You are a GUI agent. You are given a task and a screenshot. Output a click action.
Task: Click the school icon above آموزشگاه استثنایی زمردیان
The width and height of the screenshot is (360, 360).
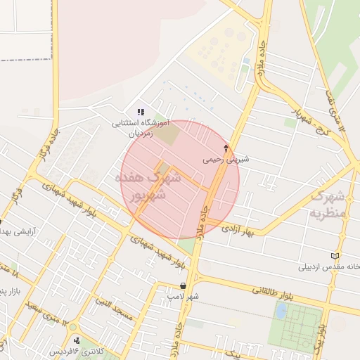(141, 112)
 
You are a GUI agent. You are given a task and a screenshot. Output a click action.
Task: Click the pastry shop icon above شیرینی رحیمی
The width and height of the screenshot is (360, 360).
(226, 148)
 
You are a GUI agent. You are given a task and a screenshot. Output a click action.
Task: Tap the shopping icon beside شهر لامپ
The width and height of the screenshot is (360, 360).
(184, 285)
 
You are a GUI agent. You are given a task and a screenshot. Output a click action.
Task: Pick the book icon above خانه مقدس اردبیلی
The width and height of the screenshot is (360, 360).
(335, 255)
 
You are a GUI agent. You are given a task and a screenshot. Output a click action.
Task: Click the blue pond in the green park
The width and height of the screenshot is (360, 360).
(281, 310)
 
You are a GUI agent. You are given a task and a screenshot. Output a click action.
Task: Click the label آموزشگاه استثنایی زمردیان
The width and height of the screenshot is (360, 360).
(141, 127)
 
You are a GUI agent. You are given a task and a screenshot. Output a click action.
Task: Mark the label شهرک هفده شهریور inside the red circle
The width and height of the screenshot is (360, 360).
(149, 186)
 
